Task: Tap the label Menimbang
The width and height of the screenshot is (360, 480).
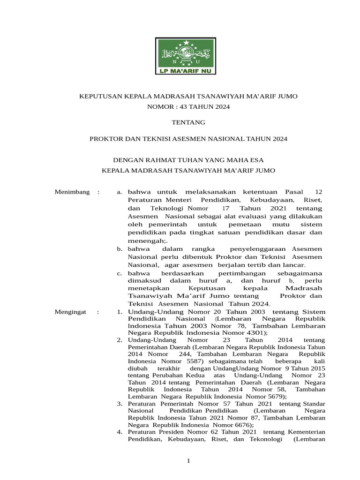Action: (x=72, y=192)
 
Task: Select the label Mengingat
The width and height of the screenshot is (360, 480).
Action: (x=71, y=312)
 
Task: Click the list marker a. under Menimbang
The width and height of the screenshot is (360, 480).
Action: (x=120, y=192)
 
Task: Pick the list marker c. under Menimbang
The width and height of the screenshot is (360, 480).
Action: (x=120, y=273)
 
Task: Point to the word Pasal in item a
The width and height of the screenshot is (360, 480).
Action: (x=294, y=192)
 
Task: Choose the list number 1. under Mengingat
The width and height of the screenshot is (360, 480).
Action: (x=120, y=312)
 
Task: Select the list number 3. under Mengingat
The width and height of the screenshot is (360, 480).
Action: (x=120, y=404)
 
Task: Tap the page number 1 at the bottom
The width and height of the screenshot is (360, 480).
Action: (x=188, y=461)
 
